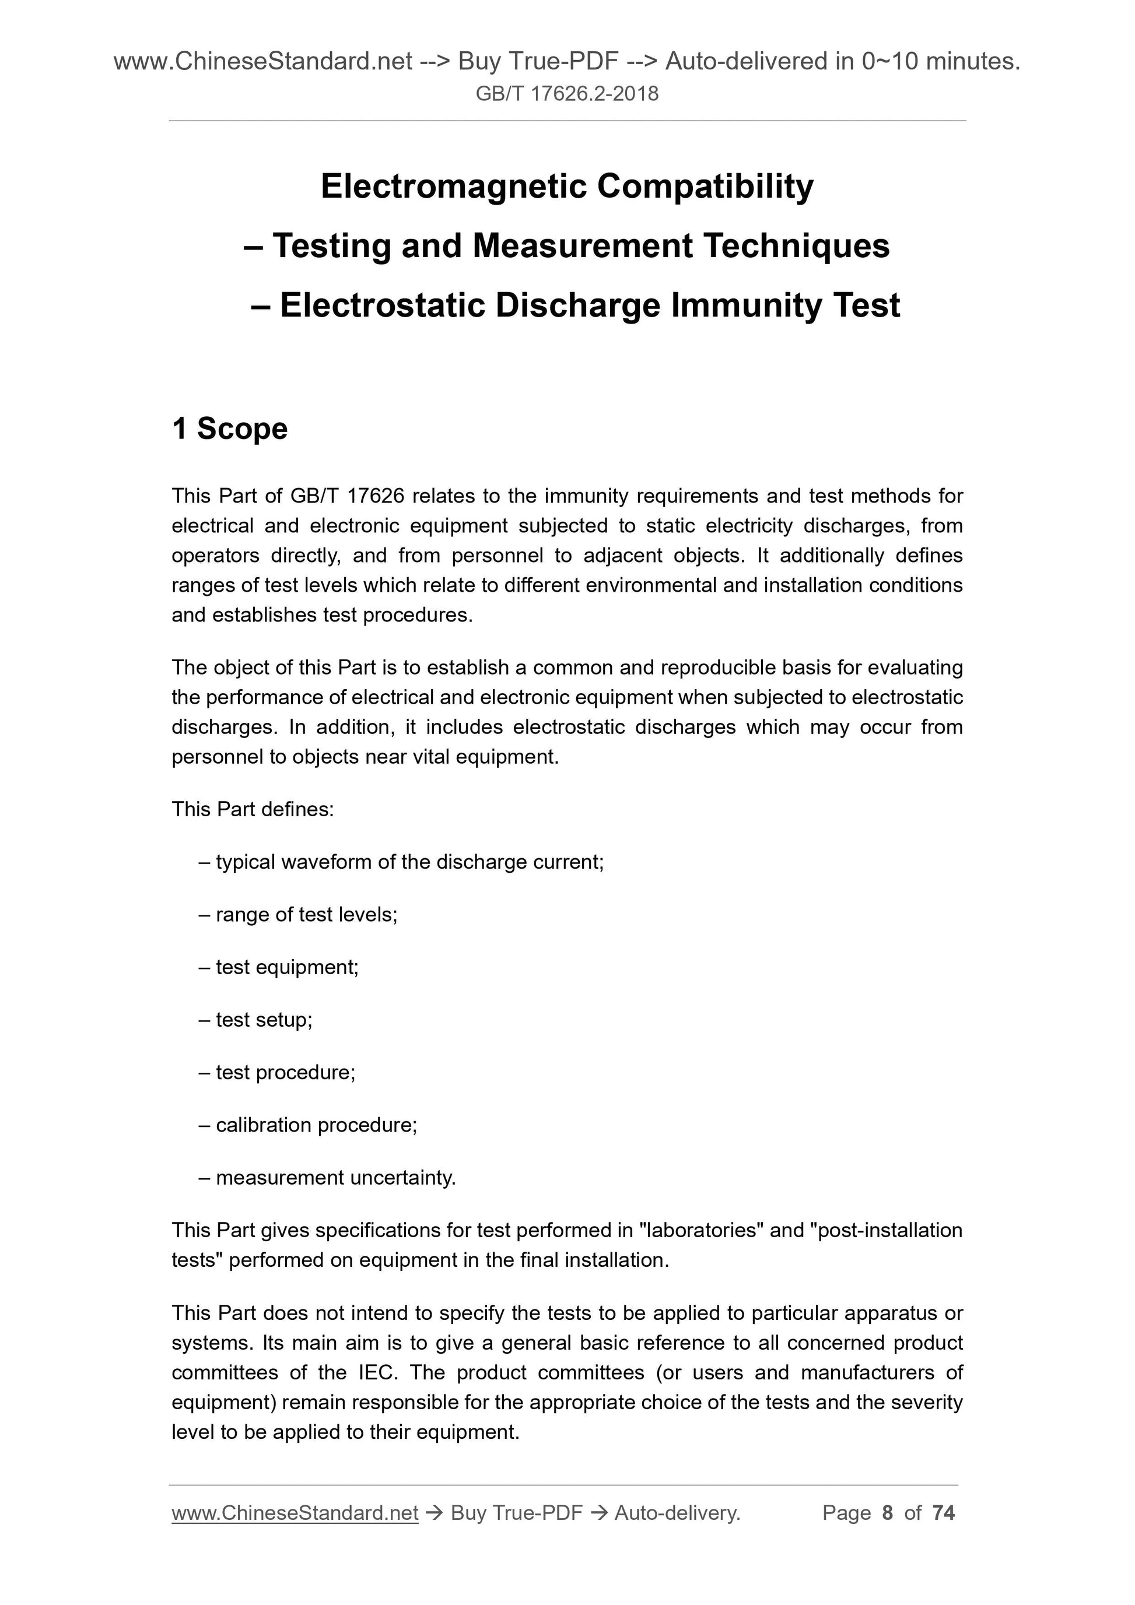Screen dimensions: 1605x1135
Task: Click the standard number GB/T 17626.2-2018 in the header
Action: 566,94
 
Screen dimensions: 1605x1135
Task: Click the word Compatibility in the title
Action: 705,187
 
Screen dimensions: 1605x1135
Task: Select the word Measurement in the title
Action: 582,246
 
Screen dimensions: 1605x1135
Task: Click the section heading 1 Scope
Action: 229,429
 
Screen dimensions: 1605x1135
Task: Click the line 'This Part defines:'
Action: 253,809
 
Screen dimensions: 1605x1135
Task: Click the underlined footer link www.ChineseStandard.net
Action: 295,1513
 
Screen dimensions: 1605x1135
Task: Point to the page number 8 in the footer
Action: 888,1513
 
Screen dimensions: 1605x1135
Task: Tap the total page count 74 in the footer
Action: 943,1513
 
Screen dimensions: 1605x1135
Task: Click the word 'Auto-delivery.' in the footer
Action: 677,1513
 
